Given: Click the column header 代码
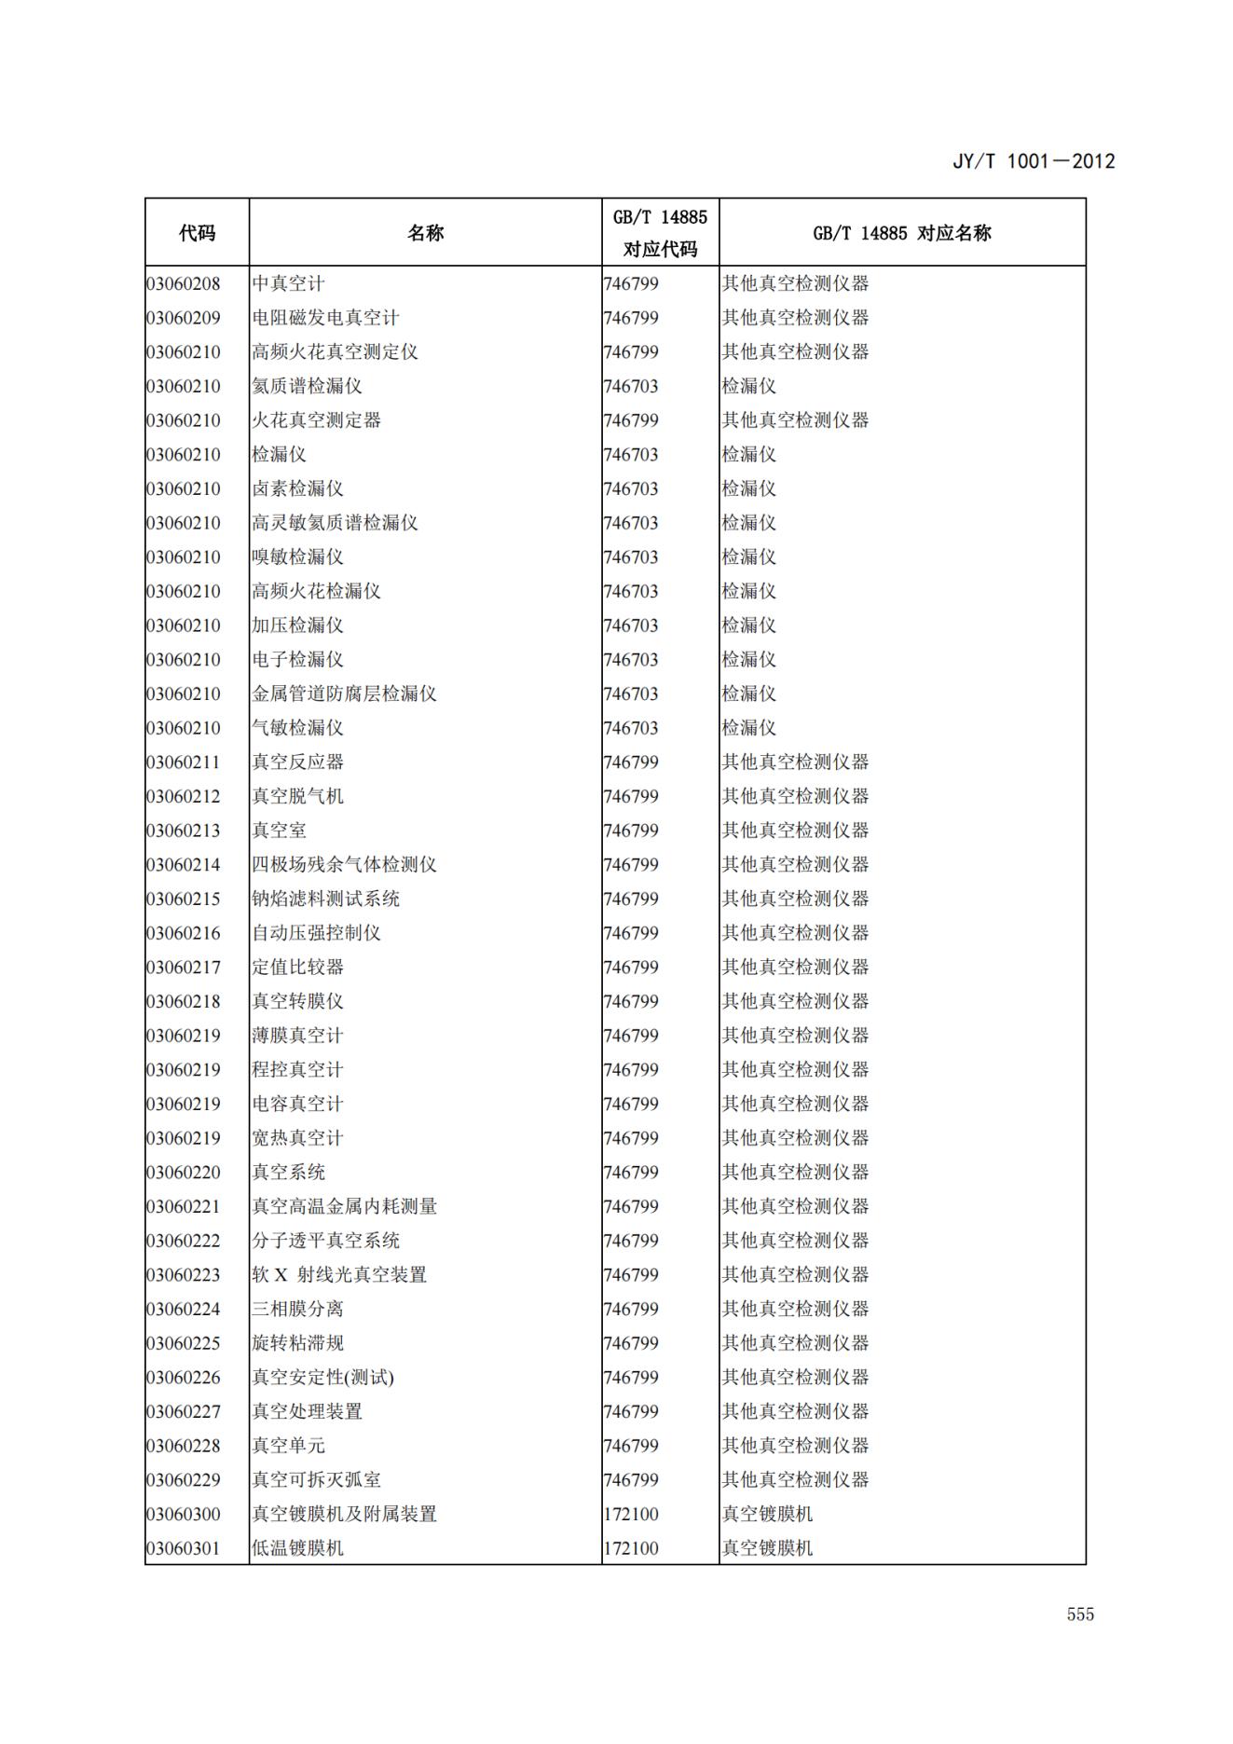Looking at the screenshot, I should (197, 233).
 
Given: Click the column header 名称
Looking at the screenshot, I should (425, 233).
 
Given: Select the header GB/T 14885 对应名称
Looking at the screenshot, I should (901, 233).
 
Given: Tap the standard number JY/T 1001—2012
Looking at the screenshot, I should (1033, 161).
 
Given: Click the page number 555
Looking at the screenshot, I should (1080, 1614).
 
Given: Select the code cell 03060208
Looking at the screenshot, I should (184, 283).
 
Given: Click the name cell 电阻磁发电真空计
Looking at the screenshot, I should (325, 318).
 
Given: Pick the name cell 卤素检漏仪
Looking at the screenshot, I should (297, 488).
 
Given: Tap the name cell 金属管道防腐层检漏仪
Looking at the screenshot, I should (344, 693).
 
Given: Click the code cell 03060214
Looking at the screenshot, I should (184, 864).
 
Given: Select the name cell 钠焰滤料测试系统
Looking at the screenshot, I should (325, 899).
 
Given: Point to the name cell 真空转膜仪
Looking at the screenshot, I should (297, 1001).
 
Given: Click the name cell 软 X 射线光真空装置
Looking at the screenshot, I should (339, 1274).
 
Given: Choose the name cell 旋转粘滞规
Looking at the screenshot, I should (297, 1343).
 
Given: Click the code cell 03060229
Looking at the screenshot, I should (184, 1479).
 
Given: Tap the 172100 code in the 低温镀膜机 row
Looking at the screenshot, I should (631, 1548).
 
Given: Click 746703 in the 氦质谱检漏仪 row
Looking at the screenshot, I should (631, 386).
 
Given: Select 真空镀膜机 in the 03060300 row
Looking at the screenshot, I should (767, 1514).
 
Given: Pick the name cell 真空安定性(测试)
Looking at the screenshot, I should (322, 1377).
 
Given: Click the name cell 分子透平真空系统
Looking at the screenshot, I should (325, 1241).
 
